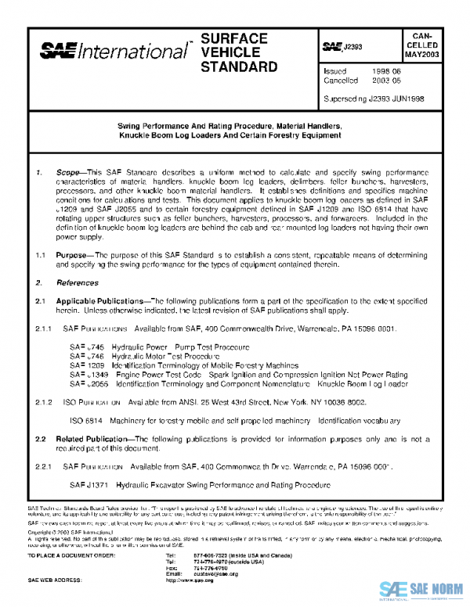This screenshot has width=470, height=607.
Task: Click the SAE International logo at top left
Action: (x=114, y=52)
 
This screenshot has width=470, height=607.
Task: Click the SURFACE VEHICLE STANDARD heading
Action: (x=239, y=52)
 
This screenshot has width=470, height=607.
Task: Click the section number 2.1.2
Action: (x=44, y=401)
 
